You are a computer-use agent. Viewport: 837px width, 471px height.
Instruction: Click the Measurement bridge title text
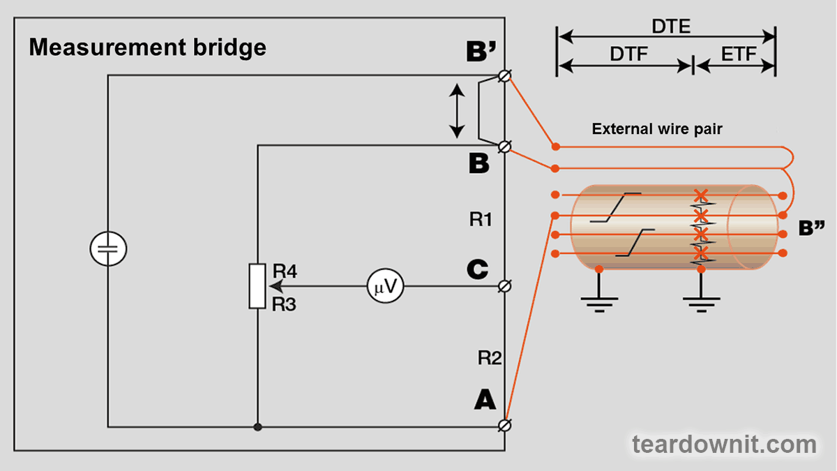[147, 47]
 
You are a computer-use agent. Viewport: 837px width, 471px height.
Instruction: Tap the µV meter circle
[386, 285]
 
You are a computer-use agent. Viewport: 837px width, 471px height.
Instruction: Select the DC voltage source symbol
[108, 248]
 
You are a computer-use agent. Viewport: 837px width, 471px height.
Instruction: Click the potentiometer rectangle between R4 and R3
[257, 286]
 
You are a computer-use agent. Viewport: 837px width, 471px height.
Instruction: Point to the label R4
[285, 271]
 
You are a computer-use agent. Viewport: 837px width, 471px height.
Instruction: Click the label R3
[285, 304]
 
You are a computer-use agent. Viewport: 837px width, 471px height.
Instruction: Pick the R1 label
[481, 220]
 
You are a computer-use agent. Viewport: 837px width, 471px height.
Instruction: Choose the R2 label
[490, 359]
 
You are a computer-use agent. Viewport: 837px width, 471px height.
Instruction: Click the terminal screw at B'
[506, 75]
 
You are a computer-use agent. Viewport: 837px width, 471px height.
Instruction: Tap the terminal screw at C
[506, 285]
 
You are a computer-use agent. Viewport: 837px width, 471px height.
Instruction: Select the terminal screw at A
[506, 425]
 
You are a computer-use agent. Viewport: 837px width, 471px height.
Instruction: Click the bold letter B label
[478, 164]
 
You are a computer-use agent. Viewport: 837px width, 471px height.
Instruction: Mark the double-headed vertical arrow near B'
[457, 110]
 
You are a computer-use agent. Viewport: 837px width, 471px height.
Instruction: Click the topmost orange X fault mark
[702, 195]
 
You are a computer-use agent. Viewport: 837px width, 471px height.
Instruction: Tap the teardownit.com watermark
[724, 444]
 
